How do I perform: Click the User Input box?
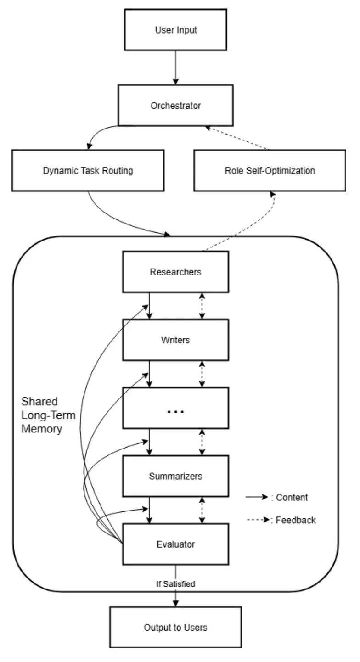coord(175,30)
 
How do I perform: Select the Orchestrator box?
coord(175,105)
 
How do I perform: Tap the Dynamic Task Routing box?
coord(88,170)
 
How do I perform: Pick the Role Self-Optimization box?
coord(270,170)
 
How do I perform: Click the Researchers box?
coord(175,272)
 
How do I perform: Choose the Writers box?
coord(175,340)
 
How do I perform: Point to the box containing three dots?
coord(175,408)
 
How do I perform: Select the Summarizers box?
coord(175,476)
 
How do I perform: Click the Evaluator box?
coord(175,544)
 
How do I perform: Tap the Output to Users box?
coord(175,628)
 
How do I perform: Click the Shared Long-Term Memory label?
coord(48,416)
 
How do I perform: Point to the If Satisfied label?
coord(175,584)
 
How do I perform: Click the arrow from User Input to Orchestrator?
coord(175,67)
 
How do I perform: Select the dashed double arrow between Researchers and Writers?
coord(202,306)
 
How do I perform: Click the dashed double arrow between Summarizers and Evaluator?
coord(202,510)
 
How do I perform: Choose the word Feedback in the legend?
coord(296,520)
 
